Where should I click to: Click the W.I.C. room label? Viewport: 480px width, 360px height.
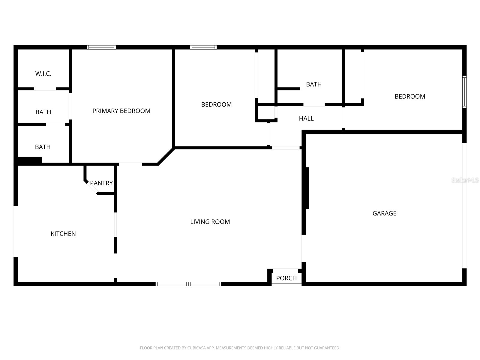click(x=43, y=74)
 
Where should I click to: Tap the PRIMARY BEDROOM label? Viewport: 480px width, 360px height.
click(x=121, y=111)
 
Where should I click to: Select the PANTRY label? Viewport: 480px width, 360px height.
click(x=101, y=183)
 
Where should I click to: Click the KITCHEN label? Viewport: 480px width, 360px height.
click(x=63, y=234)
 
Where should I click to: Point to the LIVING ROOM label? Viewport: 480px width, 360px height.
click(x=210, y=222)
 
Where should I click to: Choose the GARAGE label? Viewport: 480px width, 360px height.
click(x=384, y=213)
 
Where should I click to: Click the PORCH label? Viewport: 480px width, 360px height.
click(x=286, y=278)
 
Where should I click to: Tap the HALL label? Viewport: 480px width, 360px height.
click(x=306, y=118)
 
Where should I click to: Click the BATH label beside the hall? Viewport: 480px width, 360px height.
click(x=314, y=84)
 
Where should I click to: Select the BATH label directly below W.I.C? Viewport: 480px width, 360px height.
click(x=43, y=112)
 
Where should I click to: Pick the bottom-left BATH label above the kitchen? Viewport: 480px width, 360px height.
click(x=43, y=147)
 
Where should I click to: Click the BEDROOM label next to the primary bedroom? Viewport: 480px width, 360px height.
click(x=216, y=105)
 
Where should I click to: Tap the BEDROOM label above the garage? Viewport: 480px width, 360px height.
click(x=409, y=97)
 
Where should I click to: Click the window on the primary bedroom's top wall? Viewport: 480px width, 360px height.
click(x=101, y=47)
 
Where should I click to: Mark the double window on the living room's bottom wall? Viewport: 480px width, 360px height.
click(x=188, y=284)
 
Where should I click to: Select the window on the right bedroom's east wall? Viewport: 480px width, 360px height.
click(x=464, y=92)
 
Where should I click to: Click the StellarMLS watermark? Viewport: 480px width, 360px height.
click(x=465, y=180)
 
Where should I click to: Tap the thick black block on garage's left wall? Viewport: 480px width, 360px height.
click(x=307, y=188)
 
